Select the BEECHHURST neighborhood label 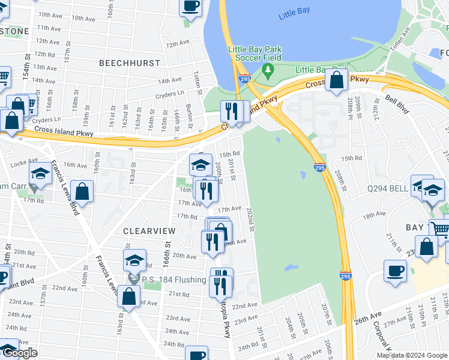tap(130, 63)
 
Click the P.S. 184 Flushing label tap(175, 280)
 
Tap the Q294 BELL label tap(388, 188)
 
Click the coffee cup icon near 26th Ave tap(396, 271)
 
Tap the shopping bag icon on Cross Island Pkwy tap(337, 79)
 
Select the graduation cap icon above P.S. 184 tap(134, 260)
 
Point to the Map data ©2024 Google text tap(412, 355)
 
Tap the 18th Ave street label tap(373, 215)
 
